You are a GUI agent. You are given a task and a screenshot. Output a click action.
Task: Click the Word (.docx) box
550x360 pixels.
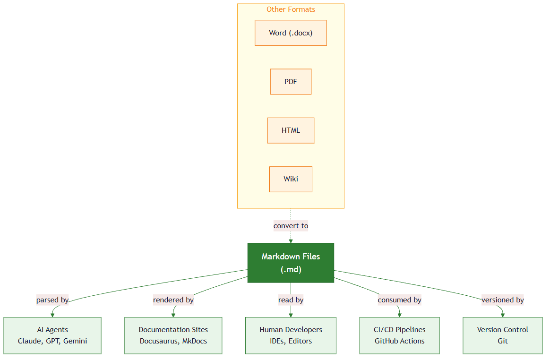tap(291, 33)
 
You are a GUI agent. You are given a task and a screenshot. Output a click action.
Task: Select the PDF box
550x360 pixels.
tap(291, 82)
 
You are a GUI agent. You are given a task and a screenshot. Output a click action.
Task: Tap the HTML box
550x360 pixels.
tap(291, 130)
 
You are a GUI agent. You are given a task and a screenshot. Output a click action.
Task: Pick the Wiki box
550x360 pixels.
tap(291, 179)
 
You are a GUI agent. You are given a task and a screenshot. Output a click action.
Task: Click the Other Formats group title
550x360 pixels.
tap(291, 9)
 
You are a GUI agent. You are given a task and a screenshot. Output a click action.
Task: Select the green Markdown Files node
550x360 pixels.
tap(291, 263)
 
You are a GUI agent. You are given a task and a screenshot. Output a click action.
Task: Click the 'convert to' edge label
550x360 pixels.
tap(291, 226)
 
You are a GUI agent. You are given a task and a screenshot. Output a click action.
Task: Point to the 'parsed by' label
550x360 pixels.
tap(52, 300)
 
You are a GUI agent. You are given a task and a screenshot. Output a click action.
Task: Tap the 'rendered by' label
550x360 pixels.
tap(173, 300)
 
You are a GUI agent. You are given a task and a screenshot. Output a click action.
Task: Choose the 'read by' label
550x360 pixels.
tap(291, 300)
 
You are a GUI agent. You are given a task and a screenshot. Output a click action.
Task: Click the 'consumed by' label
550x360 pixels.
tap(399, 300)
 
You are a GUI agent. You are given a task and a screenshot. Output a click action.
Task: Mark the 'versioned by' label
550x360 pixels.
tap(503, 300)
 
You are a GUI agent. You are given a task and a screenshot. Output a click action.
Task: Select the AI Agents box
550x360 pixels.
tap(52, 335)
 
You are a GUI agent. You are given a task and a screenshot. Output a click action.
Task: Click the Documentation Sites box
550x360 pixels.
tap(173, 335)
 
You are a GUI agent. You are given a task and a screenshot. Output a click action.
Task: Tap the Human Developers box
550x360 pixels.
tap(291, 335)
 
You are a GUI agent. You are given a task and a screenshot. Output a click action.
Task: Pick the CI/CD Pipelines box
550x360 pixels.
tap(399, 335)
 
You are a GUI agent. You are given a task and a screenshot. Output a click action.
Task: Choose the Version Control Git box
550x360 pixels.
tap(503, 335)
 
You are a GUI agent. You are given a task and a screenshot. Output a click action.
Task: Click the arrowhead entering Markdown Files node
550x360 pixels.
tap(291, 240)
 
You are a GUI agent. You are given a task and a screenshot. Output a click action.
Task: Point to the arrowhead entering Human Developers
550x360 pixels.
tap(291, 315)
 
